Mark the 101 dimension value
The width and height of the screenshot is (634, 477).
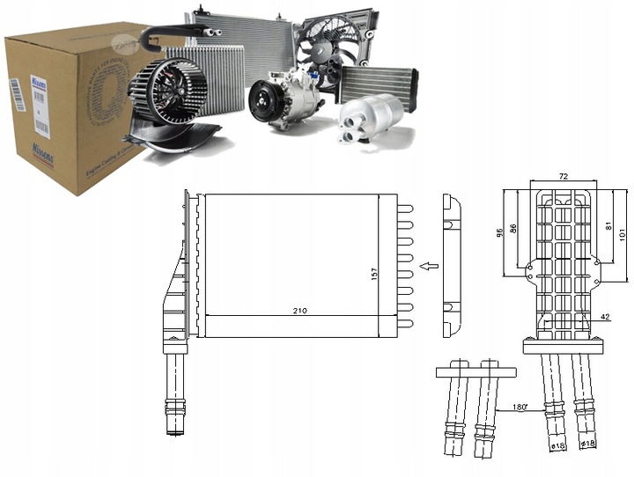(x=622, y=233)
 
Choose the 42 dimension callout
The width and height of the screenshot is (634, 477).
(x=606, y=317)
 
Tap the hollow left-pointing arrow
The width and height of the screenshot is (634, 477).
(x=429, y=264)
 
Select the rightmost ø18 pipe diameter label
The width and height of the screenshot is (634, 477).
(x=589, y=443)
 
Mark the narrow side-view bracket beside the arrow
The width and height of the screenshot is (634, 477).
(x=450, y=265)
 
